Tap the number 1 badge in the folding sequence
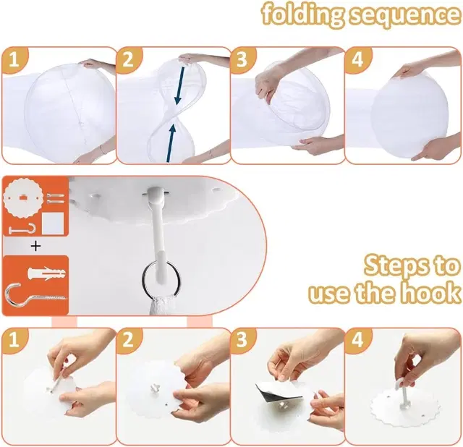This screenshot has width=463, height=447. point(14,60)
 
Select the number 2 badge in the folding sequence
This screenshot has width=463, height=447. point(128,60)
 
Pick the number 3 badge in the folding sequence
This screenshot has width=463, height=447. point(242,60)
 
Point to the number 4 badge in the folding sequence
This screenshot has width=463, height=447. point(357,60)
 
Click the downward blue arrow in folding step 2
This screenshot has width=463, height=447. point(179,85)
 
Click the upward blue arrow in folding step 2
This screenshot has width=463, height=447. point(171,142)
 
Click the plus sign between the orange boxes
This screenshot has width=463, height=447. point(35,246)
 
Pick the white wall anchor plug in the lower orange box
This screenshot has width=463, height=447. point(46,273)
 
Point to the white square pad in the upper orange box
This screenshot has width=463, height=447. point(53,223)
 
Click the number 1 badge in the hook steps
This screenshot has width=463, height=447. point(14,340)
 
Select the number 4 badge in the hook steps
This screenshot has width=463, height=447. point(357,340)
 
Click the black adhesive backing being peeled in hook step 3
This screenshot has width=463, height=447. point(267,391)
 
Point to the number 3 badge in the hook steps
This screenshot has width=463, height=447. point(242,340)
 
